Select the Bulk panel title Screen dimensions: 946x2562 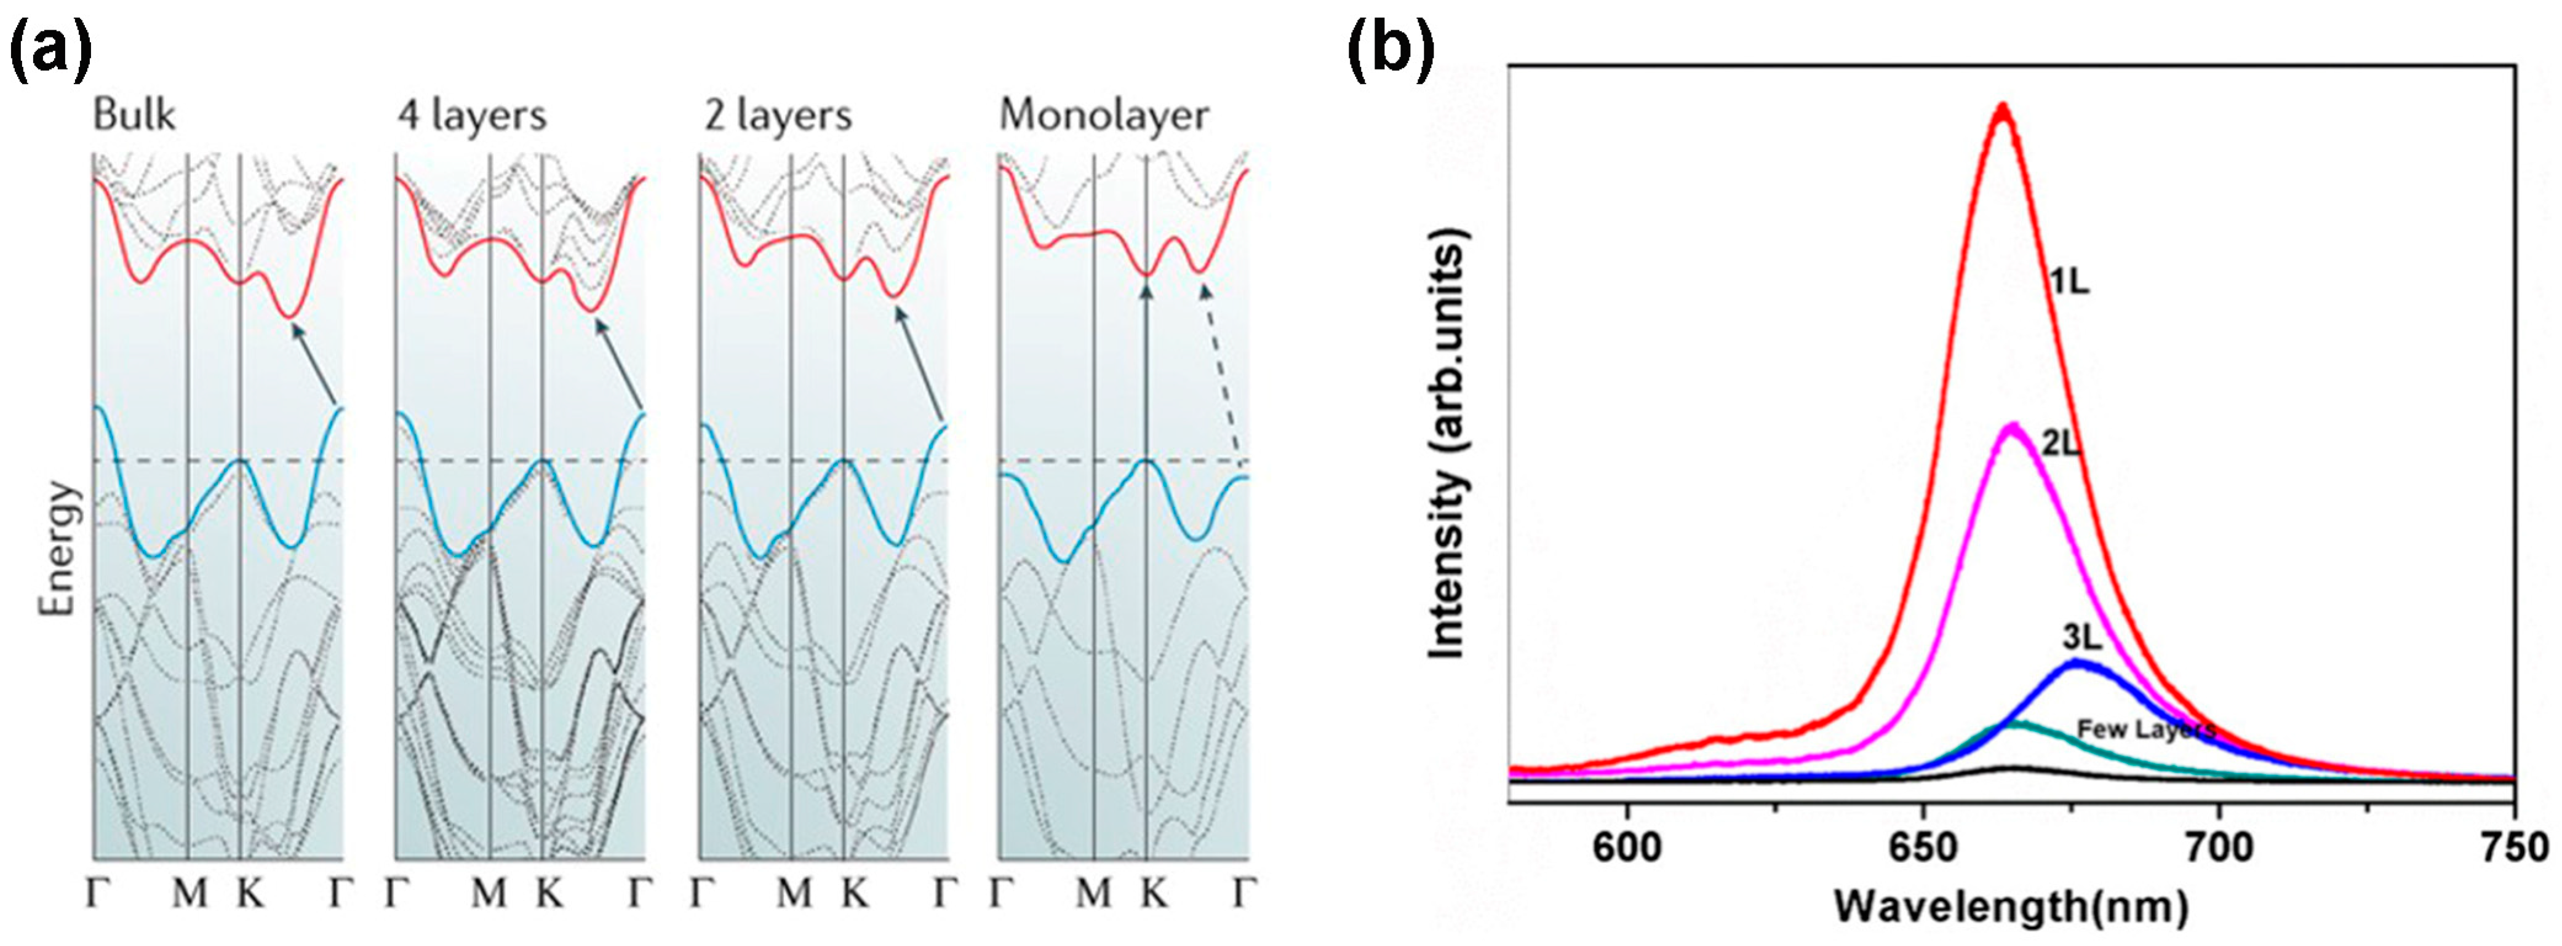(134, 116)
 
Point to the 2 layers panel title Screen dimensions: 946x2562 (776, 116)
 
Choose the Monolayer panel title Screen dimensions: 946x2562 (1104, 116)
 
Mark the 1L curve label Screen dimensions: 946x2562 (2069, 282)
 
